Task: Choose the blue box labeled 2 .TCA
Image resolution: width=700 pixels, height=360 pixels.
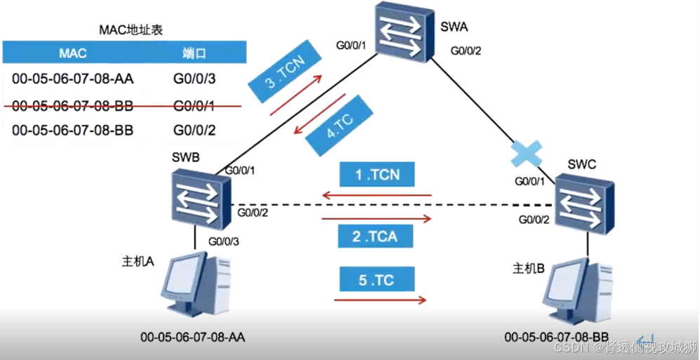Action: pyautogui.click(x=376, y=236)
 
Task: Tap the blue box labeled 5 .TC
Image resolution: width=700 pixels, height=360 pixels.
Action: pyautogui.click(x=376, y=281)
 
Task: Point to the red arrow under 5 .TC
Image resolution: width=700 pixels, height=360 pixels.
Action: pyautogui.click(x=380, y=300)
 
